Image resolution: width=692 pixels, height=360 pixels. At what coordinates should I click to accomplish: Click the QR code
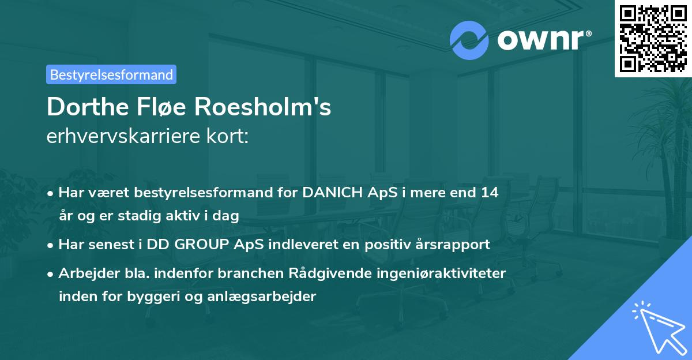(x=652, y=38)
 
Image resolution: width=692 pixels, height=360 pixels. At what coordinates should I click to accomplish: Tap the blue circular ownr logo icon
(x=469, y=40)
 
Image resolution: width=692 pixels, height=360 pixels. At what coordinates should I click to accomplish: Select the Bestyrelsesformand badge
(x=111, y=74)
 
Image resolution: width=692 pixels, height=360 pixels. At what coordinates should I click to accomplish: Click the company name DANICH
(x=333, y=193)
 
